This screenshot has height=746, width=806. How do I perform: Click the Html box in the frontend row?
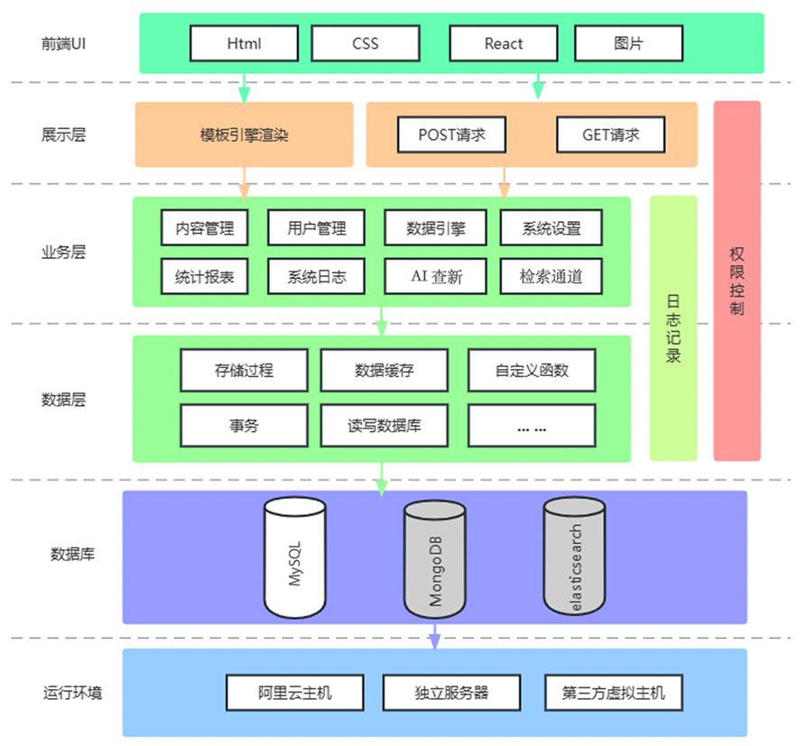[x=244, y=43]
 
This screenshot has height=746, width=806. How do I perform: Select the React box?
[x=503, y=43]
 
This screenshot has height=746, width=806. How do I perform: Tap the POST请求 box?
[x=451, y=135]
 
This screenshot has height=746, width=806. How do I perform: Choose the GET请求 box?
[x=610, y=135]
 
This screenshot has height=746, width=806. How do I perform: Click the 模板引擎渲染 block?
[x=244, y=135]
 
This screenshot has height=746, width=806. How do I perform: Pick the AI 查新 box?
[x=436, y=277]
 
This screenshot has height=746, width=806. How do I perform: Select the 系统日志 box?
[x=316, y=277]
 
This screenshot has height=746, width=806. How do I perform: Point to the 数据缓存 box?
[x=384, y=370]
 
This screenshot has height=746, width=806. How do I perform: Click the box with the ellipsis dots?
[x=532, y=426]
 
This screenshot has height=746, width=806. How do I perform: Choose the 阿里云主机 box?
[x=294, y=693]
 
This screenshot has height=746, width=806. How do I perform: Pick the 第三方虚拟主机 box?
[x=613, y=693]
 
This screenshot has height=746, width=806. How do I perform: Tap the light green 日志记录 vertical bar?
[x=673, y=328]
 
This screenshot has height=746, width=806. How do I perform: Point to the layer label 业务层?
[x=63, y=253]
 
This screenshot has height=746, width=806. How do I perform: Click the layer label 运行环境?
[x=72, y=693]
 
